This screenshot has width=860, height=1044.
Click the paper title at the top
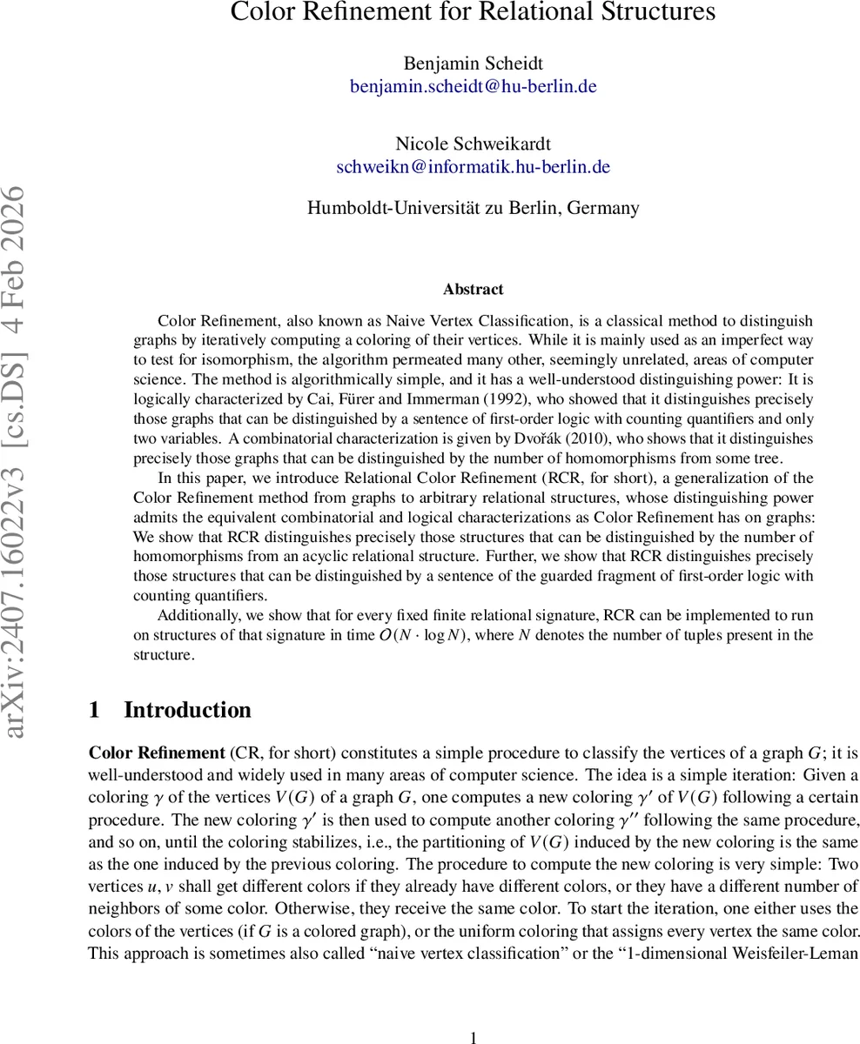473,12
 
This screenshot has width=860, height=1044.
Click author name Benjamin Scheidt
473,63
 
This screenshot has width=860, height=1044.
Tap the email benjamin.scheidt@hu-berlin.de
473,86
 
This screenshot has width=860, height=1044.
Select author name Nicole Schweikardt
473,144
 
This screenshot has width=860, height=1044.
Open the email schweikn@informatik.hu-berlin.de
473,167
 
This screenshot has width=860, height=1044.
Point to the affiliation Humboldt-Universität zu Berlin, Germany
473,208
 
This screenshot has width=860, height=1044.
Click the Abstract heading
473,289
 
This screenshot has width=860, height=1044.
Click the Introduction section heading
187,710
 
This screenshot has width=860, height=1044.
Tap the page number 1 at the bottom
474,1037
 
